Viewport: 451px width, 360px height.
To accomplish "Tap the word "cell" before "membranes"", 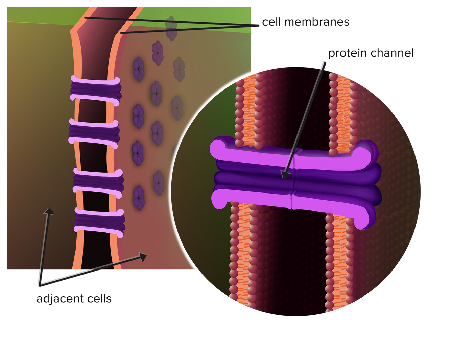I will click(x=271, y=22).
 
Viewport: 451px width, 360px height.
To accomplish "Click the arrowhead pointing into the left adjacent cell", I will click(x=49, y=211).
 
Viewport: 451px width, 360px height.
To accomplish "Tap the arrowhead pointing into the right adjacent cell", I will click(x=143, y=257).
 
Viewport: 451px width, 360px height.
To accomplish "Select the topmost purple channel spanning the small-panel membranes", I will click(x=95, y=89).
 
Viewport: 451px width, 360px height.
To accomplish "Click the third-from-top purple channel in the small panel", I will click(x=98, y=182).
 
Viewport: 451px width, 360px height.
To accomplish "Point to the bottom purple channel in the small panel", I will click(x=99, y=221).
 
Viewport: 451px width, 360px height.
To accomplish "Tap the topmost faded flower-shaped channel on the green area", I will click(x=171, y=28).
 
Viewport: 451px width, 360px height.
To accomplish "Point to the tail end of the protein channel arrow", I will click(x=325, y=62).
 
